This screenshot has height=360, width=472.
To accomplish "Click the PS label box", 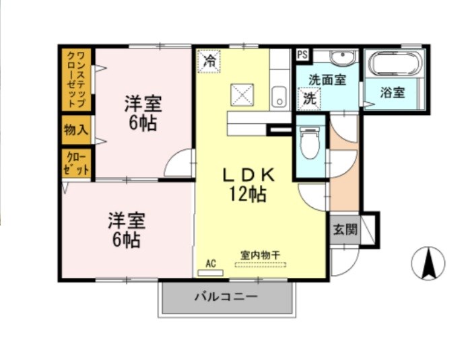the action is point(302,55).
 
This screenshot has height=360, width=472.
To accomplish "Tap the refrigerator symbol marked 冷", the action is point(209,61).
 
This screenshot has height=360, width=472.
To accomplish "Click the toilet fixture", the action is point(310,142).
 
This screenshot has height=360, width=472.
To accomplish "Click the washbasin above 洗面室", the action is point(343,57).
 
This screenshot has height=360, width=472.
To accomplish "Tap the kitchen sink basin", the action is point(279,96).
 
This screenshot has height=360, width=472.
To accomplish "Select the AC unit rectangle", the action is point(210,273).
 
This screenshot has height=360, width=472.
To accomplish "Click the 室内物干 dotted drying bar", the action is point(261,265).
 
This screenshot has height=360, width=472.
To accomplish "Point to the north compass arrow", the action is point(428,263).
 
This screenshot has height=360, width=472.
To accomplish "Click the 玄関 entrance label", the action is point(345,229).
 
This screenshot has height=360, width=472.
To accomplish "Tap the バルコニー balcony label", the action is point(226,297).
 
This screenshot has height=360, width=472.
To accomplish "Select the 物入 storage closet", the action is point(76,131).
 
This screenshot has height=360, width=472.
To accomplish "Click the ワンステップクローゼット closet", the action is point(77,79).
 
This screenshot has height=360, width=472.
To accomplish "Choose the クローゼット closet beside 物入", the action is point(77,164).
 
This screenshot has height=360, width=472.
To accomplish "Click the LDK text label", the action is point(248,176).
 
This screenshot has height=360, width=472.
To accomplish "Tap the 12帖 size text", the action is point(248,194).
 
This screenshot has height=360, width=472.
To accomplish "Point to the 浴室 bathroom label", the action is point(393,92).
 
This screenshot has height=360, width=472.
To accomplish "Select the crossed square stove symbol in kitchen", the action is point(242,95).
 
